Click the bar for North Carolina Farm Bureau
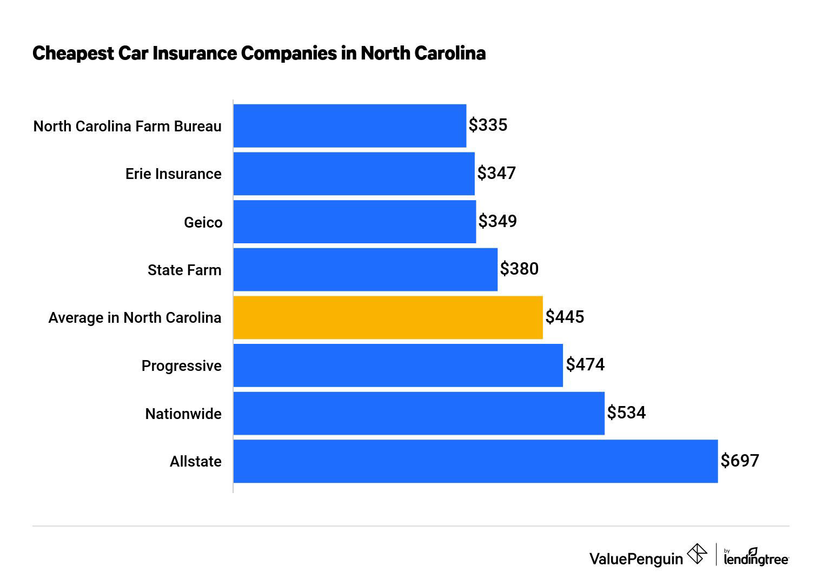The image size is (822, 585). (x=349, y=125)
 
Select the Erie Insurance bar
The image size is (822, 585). (x=354, y=174)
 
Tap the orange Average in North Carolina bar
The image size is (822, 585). (x=388, y=317)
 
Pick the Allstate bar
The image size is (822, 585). (x=475, y=461)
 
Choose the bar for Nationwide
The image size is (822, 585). (x=419, y=414)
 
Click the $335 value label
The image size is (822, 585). (x=488, y=125)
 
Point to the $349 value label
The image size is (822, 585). (x=498, y=221)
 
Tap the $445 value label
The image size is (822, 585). (x=565, y=317)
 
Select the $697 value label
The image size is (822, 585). (x=740, y=461)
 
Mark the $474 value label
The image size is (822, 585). (x=585, y=365)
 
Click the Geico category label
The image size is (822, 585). (x=203, y=222)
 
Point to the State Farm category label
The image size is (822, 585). (x=184, y=270)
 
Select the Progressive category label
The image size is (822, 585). (x=181, y=366)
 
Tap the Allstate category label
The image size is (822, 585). (x=195, y=462)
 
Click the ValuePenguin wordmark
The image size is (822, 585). (x=636, y=559)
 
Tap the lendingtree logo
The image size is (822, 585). (x=756, y=558)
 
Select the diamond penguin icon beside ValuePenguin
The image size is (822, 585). (x=697, y=554)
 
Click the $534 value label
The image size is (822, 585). (x=626, y=413)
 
